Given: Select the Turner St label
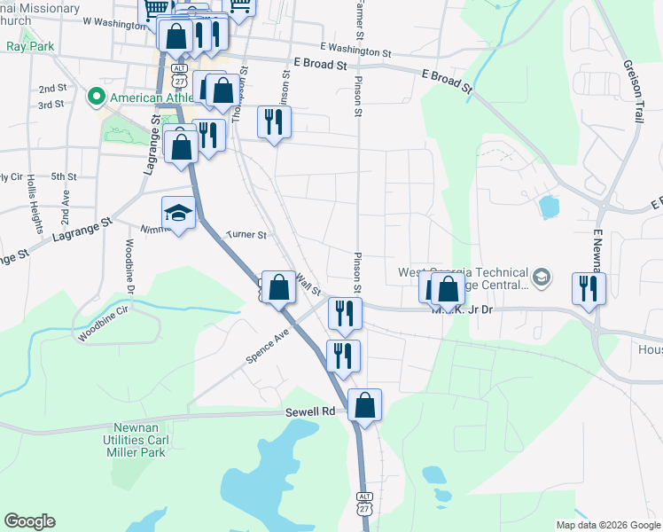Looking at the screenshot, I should coord(246,235).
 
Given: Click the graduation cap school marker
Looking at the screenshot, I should coord(177,214).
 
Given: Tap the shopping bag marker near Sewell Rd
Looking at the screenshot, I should coord(364,406).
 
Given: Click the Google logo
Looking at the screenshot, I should coord(29,521).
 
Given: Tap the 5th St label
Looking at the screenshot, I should coord(64,177).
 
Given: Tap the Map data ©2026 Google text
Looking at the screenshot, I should coord(608,525).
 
